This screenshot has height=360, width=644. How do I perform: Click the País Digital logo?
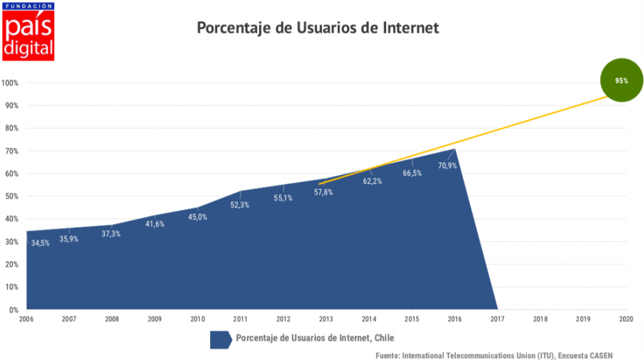[x=28, y=31]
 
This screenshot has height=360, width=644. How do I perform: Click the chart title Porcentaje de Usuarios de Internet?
[x=318, y=28]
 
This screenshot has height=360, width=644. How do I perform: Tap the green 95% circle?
[x=621, y=81]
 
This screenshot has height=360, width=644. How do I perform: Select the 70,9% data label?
[x=447, y=166]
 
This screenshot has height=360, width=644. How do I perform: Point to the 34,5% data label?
[x=40, y=243]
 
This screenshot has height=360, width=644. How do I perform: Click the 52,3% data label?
[x=239, y=205]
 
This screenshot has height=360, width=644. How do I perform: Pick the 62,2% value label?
[x=372, y=181]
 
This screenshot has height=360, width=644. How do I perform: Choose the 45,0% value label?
[x=197, y=217]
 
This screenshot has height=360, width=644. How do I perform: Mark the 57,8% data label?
[x=323, y=192]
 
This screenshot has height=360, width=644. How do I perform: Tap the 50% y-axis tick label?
[x=11, y=196]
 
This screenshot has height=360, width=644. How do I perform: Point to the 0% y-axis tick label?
[x=13, y=310]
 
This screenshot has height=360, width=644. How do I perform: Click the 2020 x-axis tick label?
[x=625, y=319]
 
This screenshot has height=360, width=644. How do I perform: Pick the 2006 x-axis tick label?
[x=26, y=319]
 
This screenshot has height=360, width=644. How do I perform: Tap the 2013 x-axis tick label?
[x=326, y=319]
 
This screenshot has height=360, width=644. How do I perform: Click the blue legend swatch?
[x=220, y=339]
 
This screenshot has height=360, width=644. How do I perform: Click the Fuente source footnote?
[x=494, y=355]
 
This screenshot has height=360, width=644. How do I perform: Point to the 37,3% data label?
[x=111, y=233]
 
